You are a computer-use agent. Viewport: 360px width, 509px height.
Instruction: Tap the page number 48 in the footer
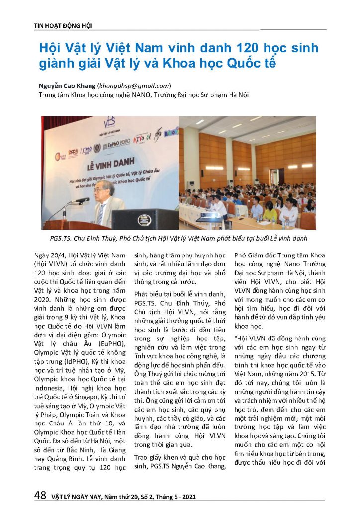click(x=40, y=495)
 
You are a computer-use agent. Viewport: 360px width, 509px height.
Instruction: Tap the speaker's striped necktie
click(x=101, y=212)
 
